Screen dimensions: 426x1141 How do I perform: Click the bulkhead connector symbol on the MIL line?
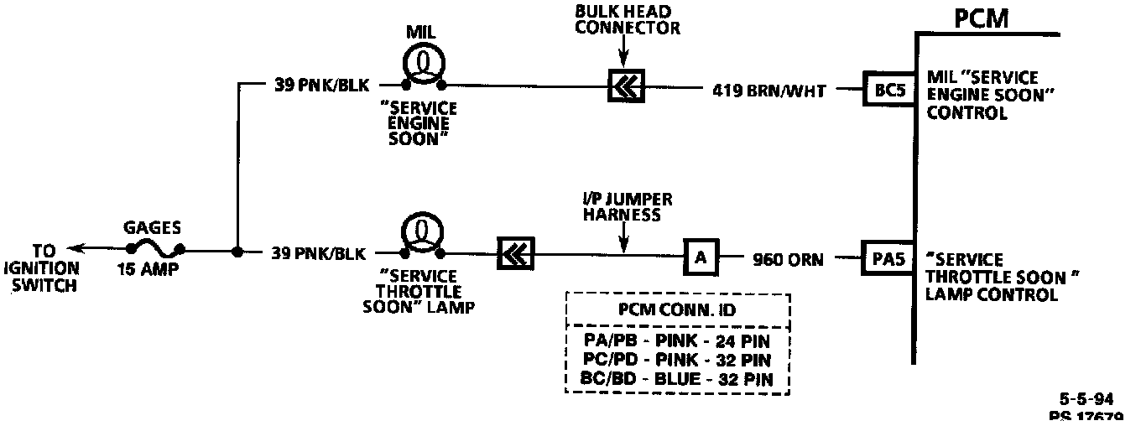(x=626, y=85)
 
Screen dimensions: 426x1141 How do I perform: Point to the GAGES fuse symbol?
(x=156, y=248)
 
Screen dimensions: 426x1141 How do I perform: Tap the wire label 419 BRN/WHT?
(x=768, y=91)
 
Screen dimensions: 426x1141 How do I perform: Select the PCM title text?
(x=981, y=19)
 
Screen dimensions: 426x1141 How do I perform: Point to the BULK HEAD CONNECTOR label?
(x=627, y=19)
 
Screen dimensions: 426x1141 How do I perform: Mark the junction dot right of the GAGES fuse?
(x=237, y=251)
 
